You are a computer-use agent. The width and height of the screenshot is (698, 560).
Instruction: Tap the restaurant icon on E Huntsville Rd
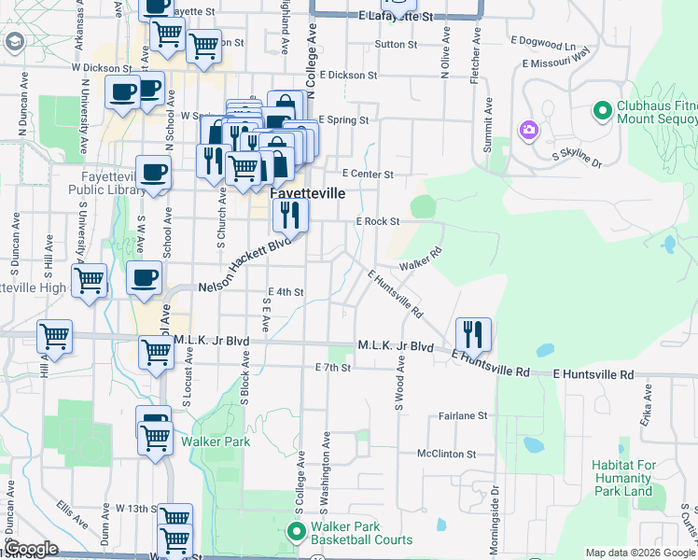473,334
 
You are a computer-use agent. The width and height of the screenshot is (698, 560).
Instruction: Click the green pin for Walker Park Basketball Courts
298,533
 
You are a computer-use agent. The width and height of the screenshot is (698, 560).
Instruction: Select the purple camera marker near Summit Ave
529,130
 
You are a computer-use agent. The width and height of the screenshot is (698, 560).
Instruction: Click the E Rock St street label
377,222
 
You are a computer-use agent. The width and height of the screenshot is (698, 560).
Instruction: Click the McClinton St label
447,455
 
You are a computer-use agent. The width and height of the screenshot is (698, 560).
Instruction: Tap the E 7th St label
332,368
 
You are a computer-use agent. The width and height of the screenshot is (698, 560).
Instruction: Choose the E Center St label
368,174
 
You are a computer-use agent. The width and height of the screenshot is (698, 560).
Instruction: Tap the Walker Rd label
420,260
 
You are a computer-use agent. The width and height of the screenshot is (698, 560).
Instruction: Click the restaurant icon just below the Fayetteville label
291,216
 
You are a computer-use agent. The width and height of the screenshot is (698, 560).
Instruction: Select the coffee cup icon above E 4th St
145,278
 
